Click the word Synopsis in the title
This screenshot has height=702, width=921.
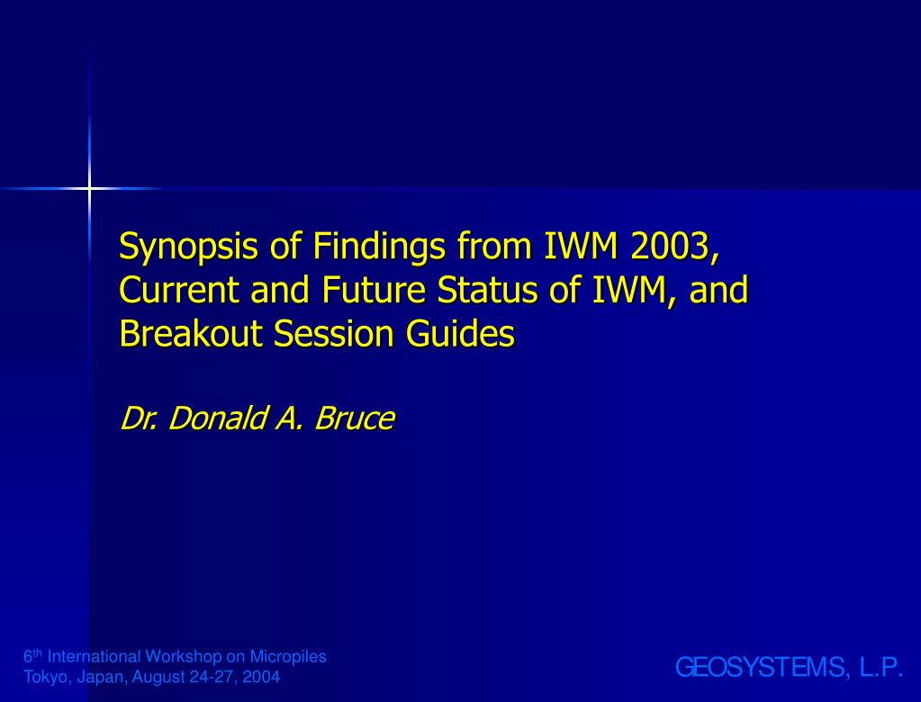pos(188,247)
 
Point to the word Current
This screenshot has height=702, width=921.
pos(179,290)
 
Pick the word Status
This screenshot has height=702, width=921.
pos(487,290)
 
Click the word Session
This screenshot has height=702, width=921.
pos(333,333)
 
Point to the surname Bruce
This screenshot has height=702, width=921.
pos(354,418)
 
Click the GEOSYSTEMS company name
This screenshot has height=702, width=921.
pos(763,668)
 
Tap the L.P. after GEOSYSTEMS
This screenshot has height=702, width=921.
pos(881,668)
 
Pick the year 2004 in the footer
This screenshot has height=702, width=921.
pos(261,677)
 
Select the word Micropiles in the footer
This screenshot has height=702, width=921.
pos(288,657)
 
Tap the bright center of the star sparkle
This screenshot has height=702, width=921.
pos(89,188)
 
